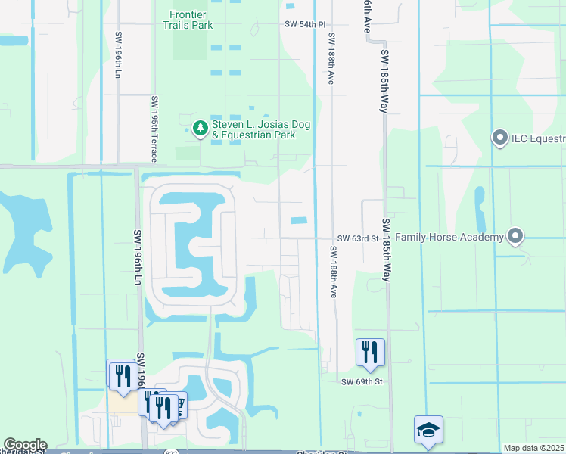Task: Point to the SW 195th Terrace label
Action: point(154,129)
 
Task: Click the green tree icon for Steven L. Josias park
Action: point(201,129)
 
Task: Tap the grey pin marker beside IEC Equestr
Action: point(499,138)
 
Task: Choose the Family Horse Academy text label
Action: point(449,238)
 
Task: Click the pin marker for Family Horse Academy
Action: point(515,237)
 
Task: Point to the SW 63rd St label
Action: point(357,238)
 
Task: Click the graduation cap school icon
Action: point(428,430)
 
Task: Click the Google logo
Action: point(24,445)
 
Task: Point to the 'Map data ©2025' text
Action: point(534,448)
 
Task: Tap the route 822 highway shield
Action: point(173,451)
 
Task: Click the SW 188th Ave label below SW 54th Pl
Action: point(331,58)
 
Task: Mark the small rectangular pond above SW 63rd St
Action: point(299,221)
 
